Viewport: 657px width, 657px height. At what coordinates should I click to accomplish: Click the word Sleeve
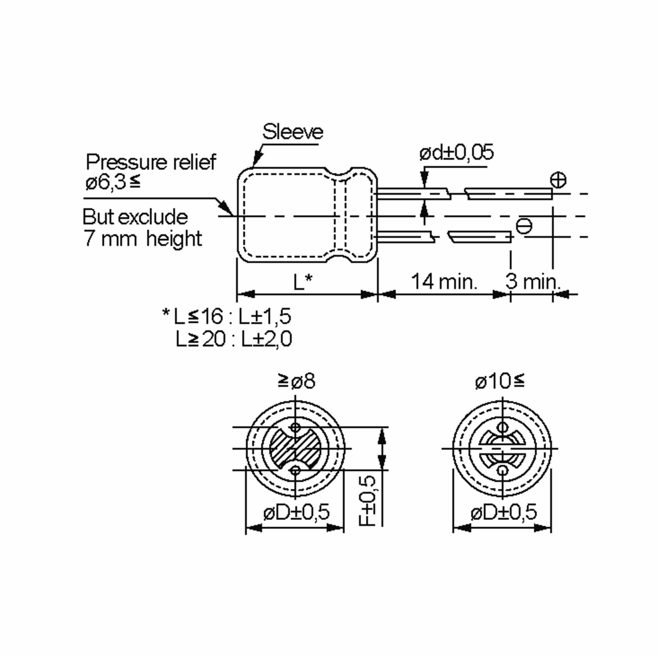[x=292, y=132]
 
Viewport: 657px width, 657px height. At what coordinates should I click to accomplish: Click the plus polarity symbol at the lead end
[x=558, y=180]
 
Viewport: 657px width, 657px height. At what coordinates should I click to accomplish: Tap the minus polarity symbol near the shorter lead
[x=524, y=226]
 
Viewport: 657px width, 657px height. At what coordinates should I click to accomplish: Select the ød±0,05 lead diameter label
[x=456, y=153]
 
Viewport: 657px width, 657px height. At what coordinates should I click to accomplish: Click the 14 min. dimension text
[x=444, y=282]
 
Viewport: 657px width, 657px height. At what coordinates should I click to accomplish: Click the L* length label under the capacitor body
[x=303, y=282]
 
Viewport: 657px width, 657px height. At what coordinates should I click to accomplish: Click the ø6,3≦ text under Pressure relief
[x=113, y=183]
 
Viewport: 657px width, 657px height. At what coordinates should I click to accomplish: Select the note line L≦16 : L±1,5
[x=227, y=316]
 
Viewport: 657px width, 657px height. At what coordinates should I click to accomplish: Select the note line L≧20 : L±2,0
[x=234, y=339]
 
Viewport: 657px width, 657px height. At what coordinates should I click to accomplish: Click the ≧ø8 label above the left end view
[x=296, y=381]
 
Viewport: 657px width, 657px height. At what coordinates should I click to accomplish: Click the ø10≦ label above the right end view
[x=500, y=381]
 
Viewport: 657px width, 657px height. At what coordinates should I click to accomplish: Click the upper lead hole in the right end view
[x=502, y=427]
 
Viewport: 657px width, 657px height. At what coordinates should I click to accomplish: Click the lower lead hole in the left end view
[x=296, y=471]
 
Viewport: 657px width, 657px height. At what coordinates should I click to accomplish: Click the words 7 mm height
[x=143, y=238]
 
